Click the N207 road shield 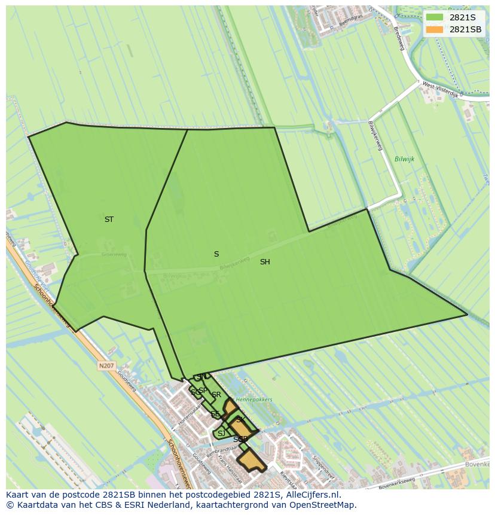pyautogui.click(x=106, y=365)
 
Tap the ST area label pyautogui.click(x=109, y=220)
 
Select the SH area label pyautogui.click(x=265, y=262)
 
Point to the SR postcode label pyautogui.click(x=216, y=395)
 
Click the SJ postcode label pyautogui.click(x=221, y=434)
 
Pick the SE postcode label pyautogui.click(x=215, y=414)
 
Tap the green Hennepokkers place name pyautogui.click(x=254, y=400)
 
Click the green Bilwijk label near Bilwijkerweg pyautogui.click(x=404, y=159)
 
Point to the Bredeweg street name pyautogui.click(x=399, y=38)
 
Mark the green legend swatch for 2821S pyautogui.click(x=435, y=17)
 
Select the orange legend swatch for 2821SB pyautogui.click(x=435, y=29)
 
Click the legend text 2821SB pyautogui.click(x=465, y=29)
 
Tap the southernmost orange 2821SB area pyautogui.click(x=251, y=461)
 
